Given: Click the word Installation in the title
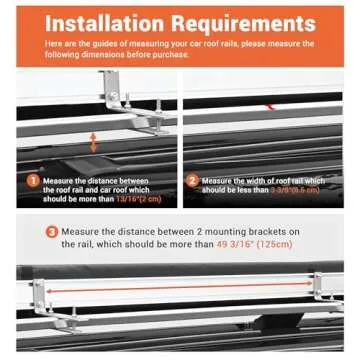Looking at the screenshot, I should (110, 23).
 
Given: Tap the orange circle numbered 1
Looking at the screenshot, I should (34, 181).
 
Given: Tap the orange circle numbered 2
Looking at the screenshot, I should (192, 181).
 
